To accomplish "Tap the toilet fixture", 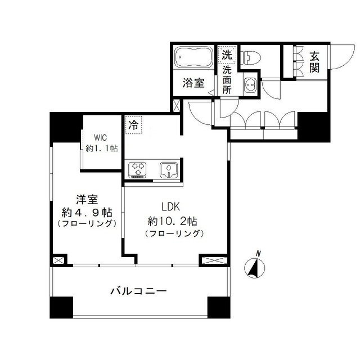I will pyautogui.click(x=251, y=56).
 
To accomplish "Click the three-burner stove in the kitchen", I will pyautogui.click(x=138, y=169).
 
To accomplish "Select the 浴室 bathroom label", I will pyautogui.click(x=193, y=83).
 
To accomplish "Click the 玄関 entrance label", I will pyautogui.click(x=314, y=61).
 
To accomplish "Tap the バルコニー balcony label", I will pyautogui.click(x=138, y=291).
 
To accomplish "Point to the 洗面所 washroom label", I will pyautogui.click(x=227, y=79).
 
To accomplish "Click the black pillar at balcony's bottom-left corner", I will pyautogui.click(x=61, y=307).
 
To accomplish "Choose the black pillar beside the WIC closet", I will pyautogui.click(x=66, y=128).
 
